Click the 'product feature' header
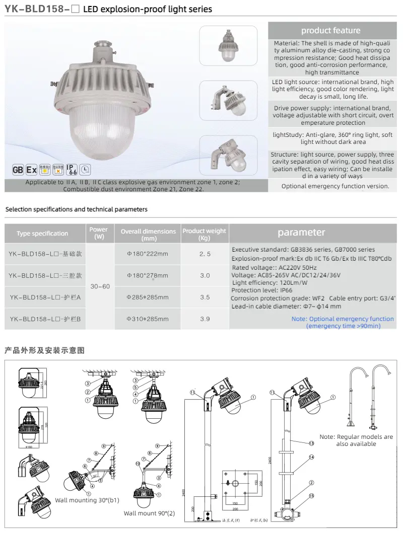[330, 31]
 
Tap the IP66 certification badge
[72, 168]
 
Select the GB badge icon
[19, 169]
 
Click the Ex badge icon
[31, 169]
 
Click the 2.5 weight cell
[205, 254]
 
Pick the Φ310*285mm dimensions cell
[148, 319]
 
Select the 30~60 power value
[99, 286]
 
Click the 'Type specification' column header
[42, 234]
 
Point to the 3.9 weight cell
[205, 319]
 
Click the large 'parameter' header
[301, 233]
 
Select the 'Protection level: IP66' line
[255, 290]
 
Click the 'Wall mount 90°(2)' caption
[150, 513]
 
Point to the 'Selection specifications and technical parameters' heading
[76, 209]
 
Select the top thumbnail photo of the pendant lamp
[228, 45]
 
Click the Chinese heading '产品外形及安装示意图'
[44, 350]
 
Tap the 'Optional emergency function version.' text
[335, 186]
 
